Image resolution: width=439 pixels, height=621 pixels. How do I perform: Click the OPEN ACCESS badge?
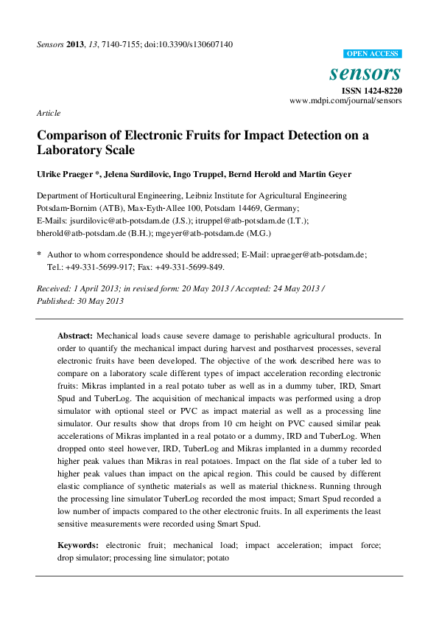pos(373,54)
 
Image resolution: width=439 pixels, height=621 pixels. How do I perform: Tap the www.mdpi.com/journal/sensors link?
pos(345,100)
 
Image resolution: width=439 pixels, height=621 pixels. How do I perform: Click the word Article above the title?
pos(48,113)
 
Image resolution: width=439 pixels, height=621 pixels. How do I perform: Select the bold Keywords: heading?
pos(80,546)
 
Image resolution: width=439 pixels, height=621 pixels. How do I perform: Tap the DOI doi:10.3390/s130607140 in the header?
pos(187,44)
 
